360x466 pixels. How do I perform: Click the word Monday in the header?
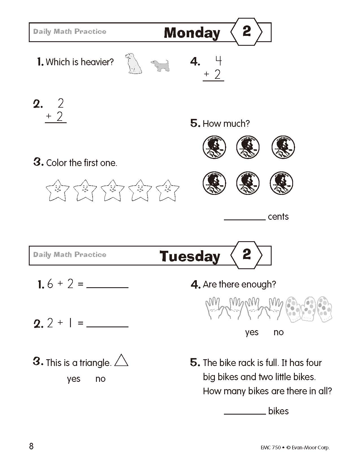coord(192,33)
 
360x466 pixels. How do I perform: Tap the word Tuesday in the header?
coord(190,256)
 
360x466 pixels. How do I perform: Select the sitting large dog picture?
coord(134,63)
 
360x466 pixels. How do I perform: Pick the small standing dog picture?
coord(160,65)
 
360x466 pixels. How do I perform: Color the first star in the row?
coord(57,190)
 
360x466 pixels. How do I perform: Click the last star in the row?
coord(167,190)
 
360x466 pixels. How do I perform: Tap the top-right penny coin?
coord(283,147)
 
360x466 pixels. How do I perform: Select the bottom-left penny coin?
coord(214,183)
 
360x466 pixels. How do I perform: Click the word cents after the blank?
coord(278,217)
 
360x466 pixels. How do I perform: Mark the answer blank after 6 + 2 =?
coord(107,285)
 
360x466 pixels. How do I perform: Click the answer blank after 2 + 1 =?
coord(107,324)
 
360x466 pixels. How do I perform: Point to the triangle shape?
coord(121,361)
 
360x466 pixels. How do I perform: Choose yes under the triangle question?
coord(74,379)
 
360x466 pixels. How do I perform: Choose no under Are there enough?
coord(278,332)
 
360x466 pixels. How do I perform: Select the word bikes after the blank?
coord(278,411)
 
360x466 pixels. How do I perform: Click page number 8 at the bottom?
coord(31,446)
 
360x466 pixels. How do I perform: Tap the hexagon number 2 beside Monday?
coord(246,31)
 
